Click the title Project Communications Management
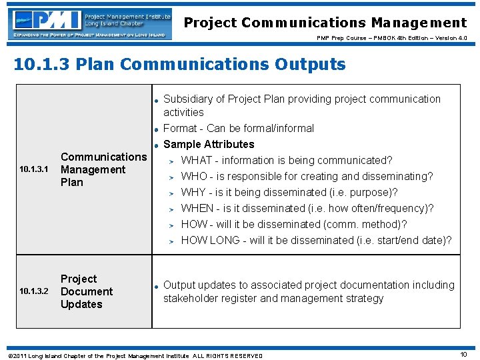click(x=325, y=23)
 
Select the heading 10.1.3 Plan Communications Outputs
click(x=179, y=65)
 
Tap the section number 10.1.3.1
click(x=34, y=170)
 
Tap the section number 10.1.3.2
click(x=34, y=292)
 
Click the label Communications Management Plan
click(x=103, y=169)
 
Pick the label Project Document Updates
click(x=87, y=291)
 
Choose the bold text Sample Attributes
click(x=209, y=145)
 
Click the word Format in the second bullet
click(x=180, y=129)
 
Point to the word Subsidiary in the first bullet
click(x=193, y=99)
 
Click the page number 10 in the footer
click(x=463, y=355)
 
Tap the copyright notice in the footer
click(x=133, y=355)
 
